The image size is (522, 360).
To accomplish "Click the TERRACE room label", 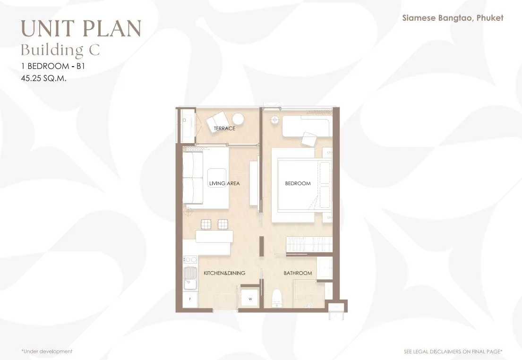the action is click(x=224, y=128).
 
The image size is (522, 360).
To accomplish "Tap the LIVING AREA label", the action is click(x=224, y=183).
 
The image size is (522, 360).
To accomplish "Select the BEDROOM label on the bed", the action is click(x=298, y=183).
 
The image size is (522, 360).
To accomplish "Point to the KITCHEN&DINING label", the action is click(x=224, y=273).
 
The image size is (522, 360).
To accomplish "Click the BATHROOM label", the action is click(x=298, y=273).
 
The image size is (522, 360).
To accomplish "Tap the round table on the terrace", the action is click(x=239, y=119).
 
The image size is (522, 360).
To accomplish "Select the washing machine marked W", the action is click(x=250, y=299).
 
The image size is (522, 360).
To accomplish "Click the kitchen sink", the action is click(x=190, y=278).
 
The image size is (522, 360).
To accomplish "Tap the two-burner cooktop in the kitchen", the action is click(x=190, y=259).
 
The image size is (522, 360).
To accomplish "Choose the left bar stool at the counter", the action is click(x=206, y=224).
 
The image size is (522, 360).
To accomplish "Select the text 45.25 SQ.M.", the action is click(x=43, y=78).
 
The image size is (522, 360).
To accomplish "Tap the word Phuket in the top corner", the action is click(x=490, y=17).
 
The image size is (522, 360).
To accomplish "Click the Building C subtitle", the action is click(x=60, y=50).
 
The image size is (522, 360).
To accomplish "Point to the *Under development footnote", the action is click(x=47, y=351).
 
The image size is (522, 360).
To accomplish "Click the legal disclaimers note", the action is click(x=453, y=351).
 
